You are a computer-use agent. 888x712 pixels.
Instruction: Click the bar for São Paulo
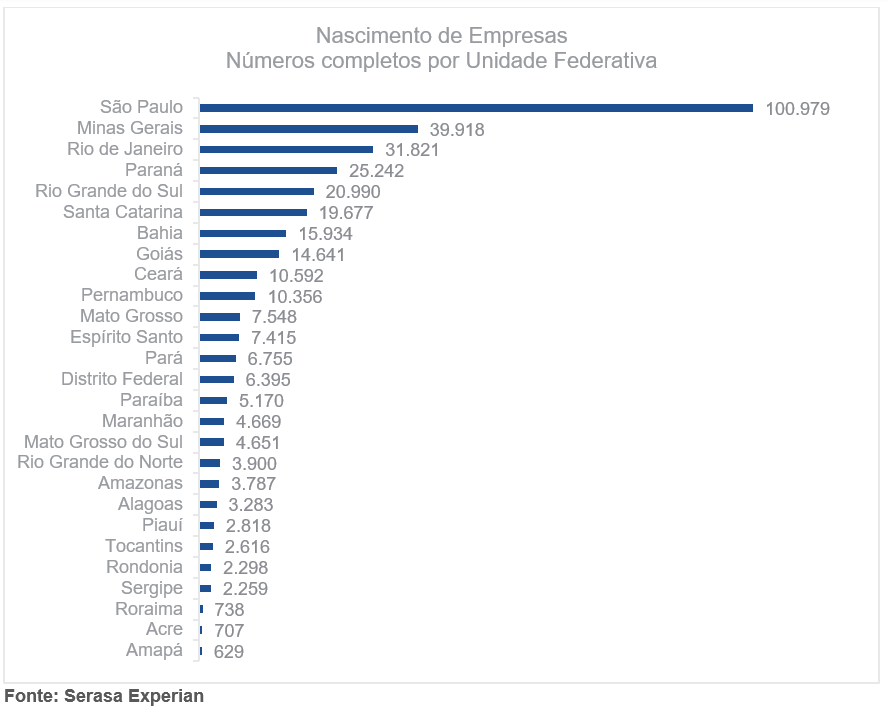pyautogui.click(x=476, y=108)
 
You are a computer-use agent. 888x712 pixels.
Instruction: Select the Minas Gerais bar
pyautogui.click(x=309, y=129)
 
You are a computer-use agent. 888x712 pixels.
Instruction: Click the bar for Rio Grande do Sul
pyautogui.click(x=257, y=191)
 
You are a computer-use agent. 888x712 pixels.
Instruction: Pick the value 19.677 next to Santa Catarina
pyautogui.click(x=350, y=213)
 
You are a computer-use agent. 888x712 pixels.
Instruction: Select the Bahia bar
pyautogui.click(x=243, y=233)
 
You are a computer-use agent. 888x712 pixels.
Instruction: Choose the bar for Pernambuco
pyautogui.click(x=228, y=296)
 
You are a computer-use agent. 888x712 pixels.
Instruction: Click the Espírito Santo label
pyautogui.click(x=127, y=337)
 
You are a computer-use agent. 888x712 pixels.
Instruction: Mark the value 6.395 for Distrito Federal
pyautogui.click(x=269, y=380)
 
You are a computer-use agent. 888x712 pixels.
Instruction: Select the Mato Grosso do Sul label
pyautogui.click(x=104, y=442)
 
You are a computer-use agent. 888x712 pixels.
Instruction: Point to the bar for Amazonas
pyautogui.click(x=210, y=484)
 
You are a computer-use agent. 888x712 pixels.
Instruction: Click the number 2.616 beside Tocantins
pyautogui.click(x=247, y=547)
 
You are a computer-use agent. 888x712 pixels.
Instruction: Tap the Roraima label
pyautogui.click(x=149, y=609)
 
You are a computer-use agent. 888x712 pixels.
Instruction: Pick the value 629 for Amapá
pyautogui.click(x=229, y=652)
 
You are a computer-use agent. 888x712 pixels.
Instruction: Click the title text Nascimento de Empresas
pyautogui.click(x=441, y=36)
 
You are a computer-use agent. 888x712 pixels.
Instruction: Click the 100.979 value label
pyautogui.click(x=798, y=109)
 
